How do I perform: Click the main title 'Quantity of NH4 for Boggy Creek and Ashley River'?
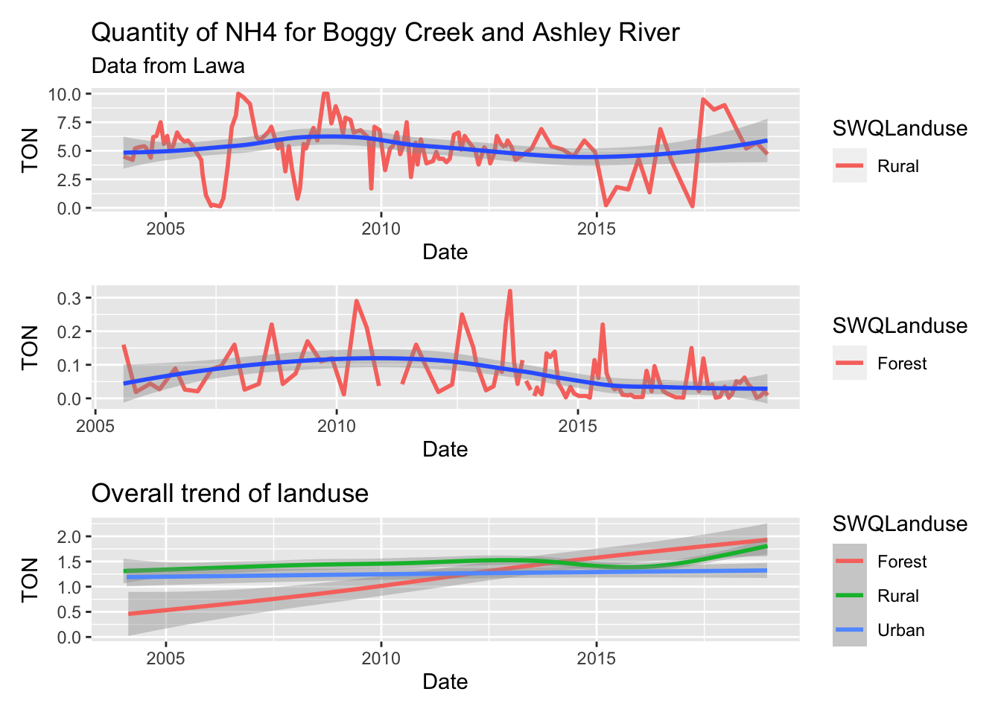pyautogui.click(x=385, y=33)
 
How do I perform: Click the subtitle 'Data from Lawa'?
pyautogui.click(x=168, y=66)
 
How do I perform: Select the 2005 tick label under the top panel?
pyautogui.click(x=165, y=229)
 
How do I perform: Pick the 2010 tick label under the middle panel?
pyautogui.click(x=337, y=426)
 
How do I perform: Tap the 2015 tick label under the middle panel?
pyautogui.click(x=578, y=426)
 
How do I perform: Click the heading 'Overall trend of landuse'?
pyautogui.click(x=229, y=493)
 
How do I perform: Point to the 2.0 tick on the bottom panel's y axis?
pyautogui.click(x=70, y=536)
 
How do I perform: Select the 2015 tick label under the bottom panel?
pyautogui.click(x=596, y=658)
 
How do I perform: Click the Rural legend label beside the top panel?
pyautogui.click(x=897, y=166)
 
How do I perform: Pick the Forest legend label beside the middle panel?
pyautogui.click(x=901, y=363)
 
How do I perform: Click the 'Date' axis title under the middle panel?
pyautogui.click(x=445, y=449)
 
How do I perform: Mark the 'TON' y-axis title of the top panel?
pyautogui.click(x=30, y=150)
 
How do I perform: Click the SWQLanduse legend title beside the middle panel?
pyautogui.click(x=900, y=325)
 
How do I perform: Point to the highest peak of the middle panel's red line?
pyautogui.click(x=509, y=291)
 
